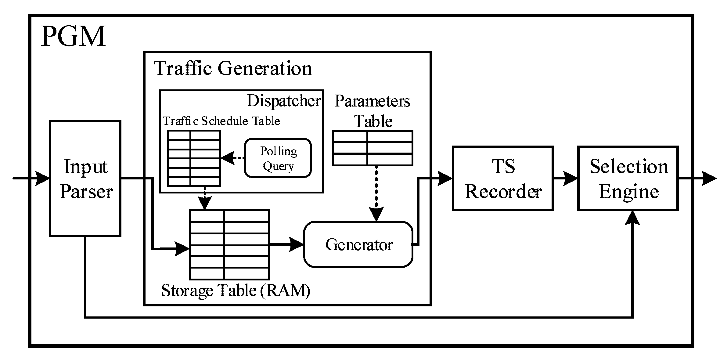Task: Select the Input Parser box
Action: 85,179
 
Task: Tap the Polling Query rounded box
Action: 278,158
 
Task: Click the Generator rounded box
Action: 358,244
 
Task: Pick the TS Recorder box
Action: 503,179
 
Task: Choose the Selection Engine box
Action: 628,179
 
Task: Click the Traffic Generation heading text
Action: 233,68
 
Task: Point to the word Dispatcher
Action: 283,101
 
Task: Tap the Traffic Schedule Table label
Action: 221,121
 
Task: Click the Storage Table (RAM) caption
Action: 236,290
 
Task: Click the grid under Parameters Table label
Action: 372,149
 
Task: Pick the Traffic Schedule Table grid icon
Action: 194,158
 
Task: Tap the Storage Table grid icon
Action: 229,245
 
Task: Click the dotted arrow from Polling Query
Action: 233,158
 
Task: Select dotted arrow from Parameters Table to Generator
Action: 376,192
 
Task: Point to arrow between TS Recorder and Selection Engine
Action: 565,179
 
